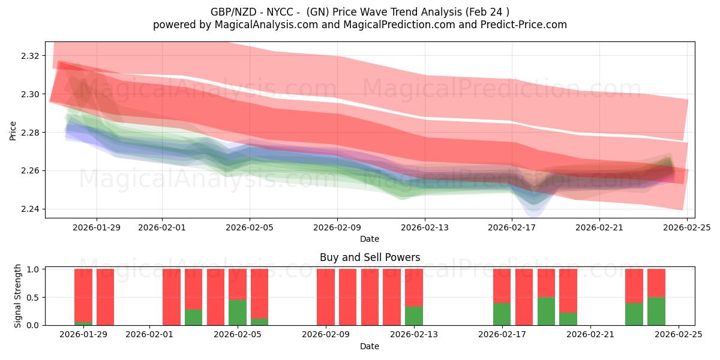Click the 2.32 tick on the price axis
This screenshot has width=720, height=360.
click(x=31, y=56)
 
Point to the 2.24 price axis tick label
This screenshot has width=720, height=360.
click(x=31, y=209)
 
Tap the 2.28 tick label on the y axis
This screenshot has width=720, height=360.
click(x=31, y=133)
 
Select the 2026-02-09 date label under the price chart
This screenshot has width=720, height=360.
click(x=337, y=227)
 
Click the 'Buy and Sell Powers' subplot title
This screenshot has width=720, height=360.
click(x=370, y=257)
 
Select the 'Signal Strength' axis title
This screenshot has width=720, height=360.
click(x=18, y=296)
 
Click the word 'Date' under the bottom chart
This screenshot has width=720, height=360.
click(x=370, y=346)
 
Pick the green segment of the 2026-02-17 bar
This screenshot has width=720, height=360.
click(x=502, y=314)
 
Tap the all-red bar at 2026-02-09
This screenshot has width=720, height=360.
click(x=326, y=297)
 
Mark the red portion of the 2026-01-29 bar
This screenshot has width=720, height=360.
click(x=83, y=294)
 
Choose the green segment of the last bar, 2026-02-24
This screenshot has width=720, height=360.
click(x=656, y=311)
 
